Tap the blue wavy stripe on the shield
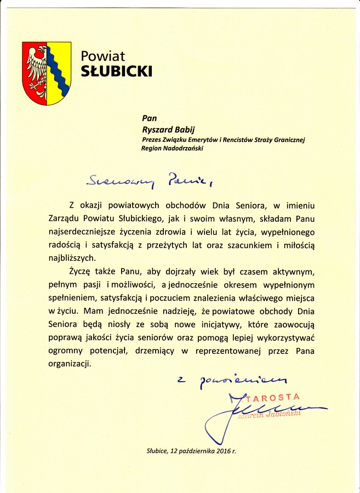[x=58, y=70]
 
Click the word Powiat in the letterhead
[x=103, y=56]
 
